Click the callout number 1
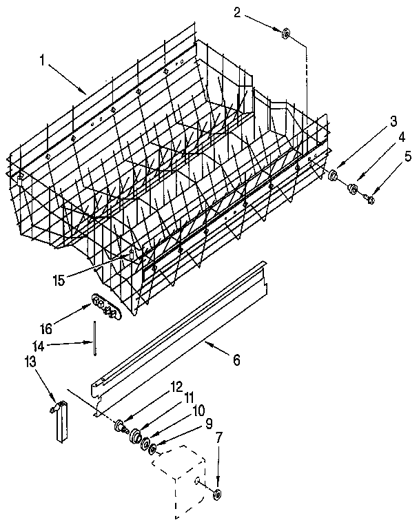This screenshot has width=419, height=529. (x=42, y=61)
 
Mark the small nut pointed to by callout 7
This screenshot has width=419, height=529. (x=218, y=492)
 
